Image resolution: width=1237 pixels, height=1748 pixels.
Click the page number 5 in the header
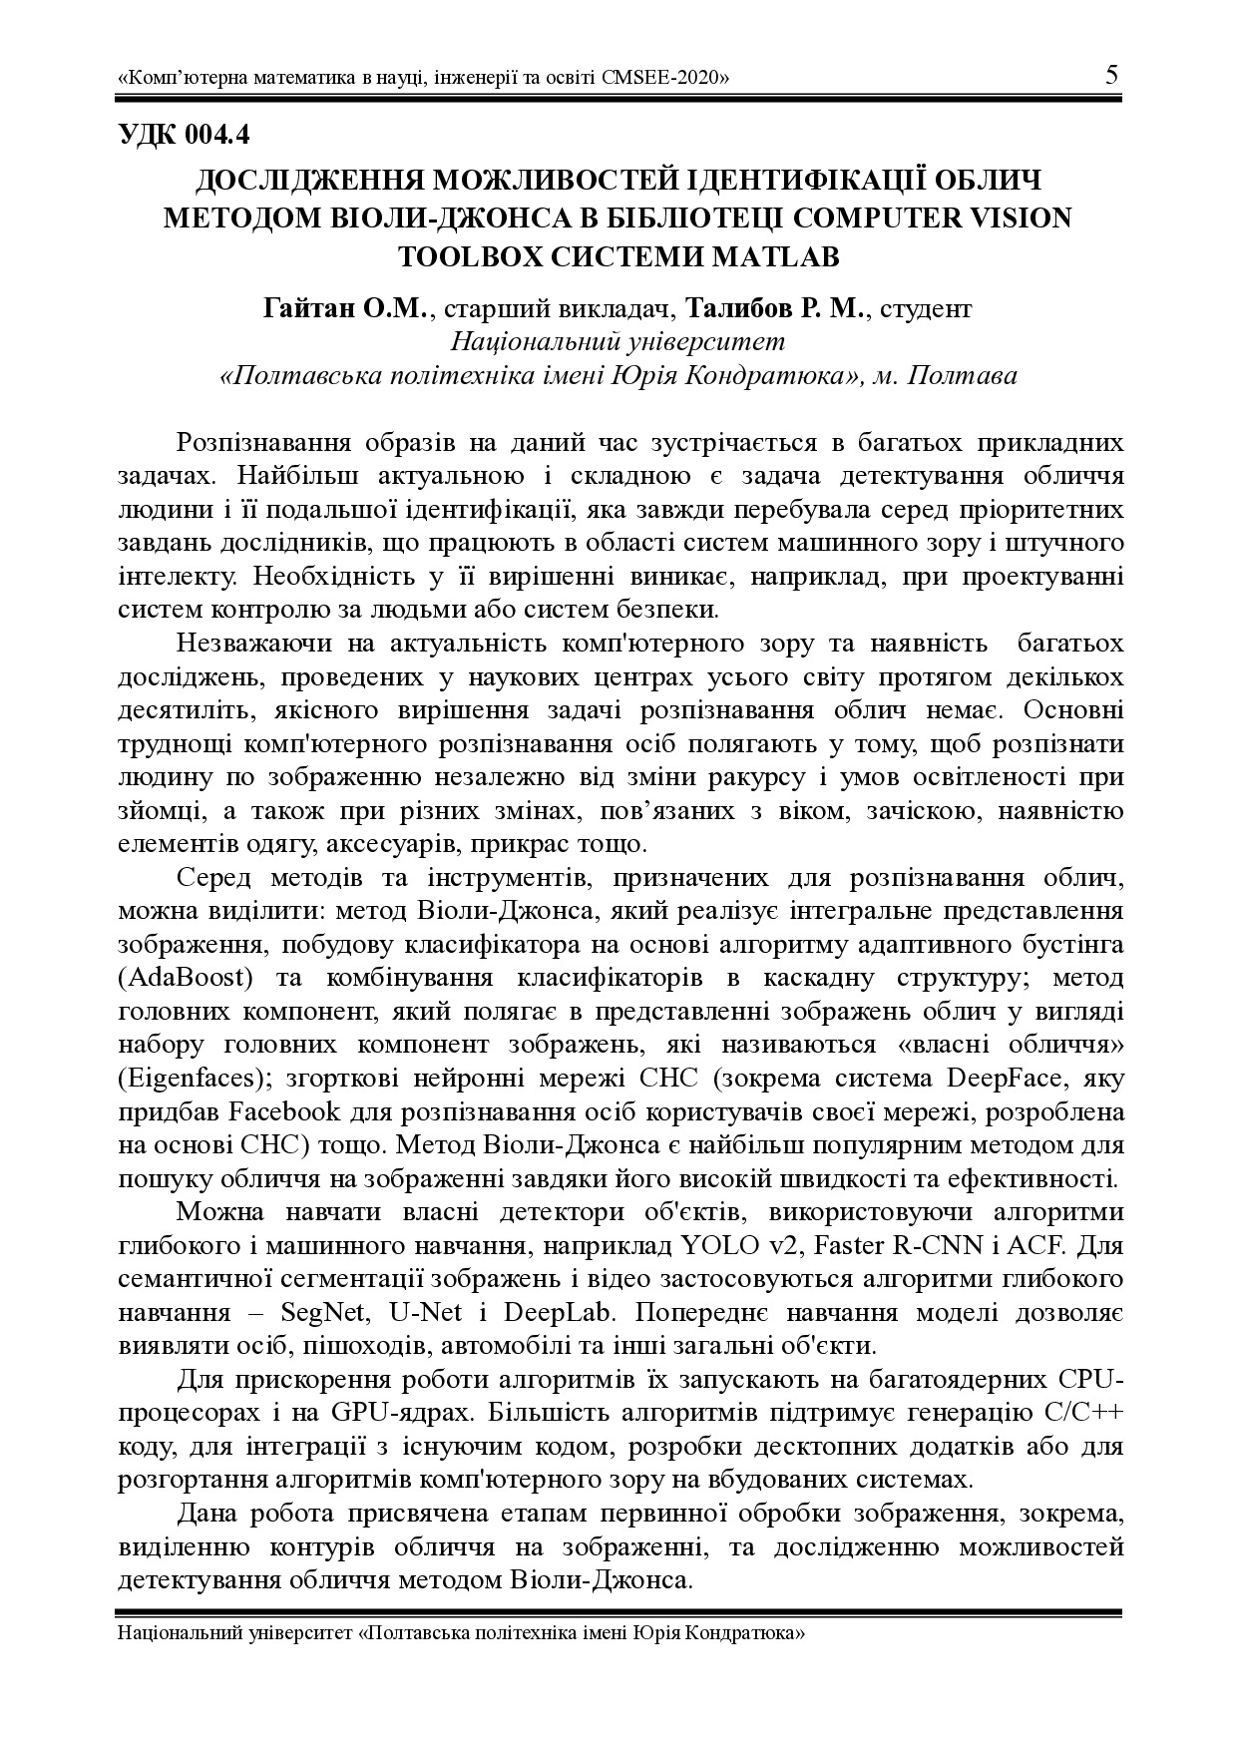click(x=1111, y=76)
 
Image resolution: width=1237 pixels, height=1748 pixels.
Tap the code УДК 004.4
click(x=184, y=134)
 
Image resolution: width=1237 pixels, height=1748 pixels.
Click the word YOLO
click(x=689, y=1246)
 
